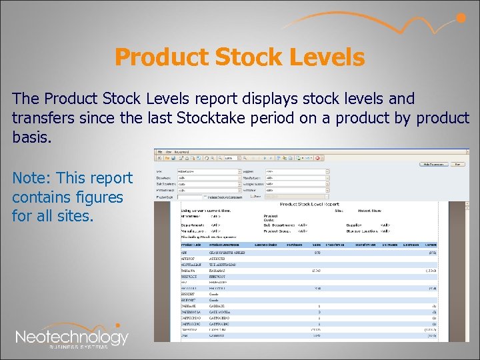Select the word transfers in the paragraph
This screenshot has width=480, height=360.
41,119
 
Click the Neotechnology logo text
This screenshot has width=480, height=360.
71,337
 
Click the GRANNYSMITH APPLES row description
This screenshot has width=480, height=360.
228,253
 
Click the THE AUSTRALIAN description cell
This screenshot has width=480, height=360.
225,265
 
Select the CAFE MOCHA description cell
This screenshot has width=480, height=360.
221,312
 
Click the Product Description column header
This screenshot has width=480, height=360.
226,246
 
